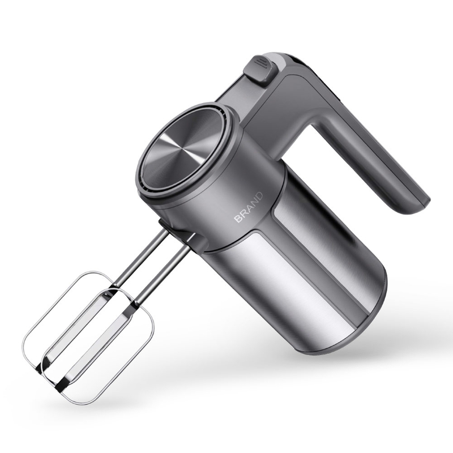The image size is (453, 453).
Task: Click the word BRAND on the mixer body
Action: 249,207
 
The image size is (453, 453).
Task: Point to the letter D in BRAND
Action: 259,196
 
